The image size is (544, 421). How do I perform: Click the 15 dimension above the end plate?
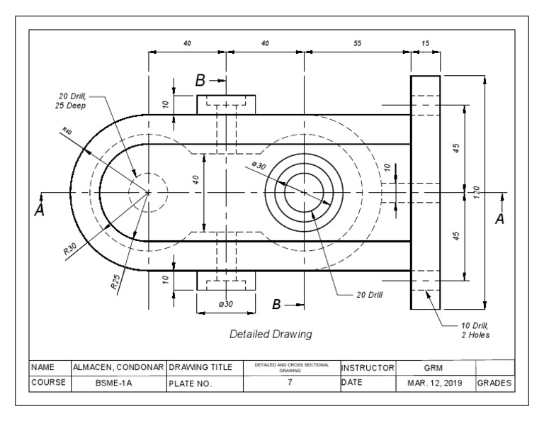coord(425,43)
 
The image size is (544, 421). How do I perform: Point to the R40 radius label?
coord(67,132)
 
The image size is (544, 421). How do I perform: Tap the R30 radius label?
coord(69,249)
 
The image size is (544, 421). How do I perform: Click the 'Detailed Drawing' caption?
coord(271,333)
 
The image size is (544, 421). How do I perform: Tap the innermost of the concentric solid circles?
coord(304,192)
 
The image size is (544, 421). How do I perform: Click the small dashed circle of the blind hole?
coord(148,192)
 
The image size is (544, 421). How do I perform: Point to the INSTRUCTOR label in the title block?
coord(367,367)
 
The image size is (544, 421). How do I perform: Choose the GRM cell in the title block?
coord(433,367)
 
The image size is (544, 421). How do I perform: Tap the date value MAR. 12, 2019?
coord(433,383)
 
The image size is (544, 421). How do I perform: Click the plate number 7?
coord(290,383)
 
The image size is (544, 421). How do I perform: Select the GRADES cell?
coord(494,383)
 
